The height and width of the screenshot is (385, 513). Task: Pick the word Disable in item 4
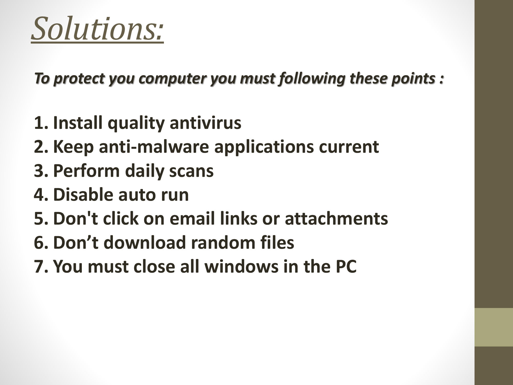(84, 194)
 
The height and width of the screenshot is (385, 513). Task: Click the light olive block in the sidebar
(494, 327)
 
